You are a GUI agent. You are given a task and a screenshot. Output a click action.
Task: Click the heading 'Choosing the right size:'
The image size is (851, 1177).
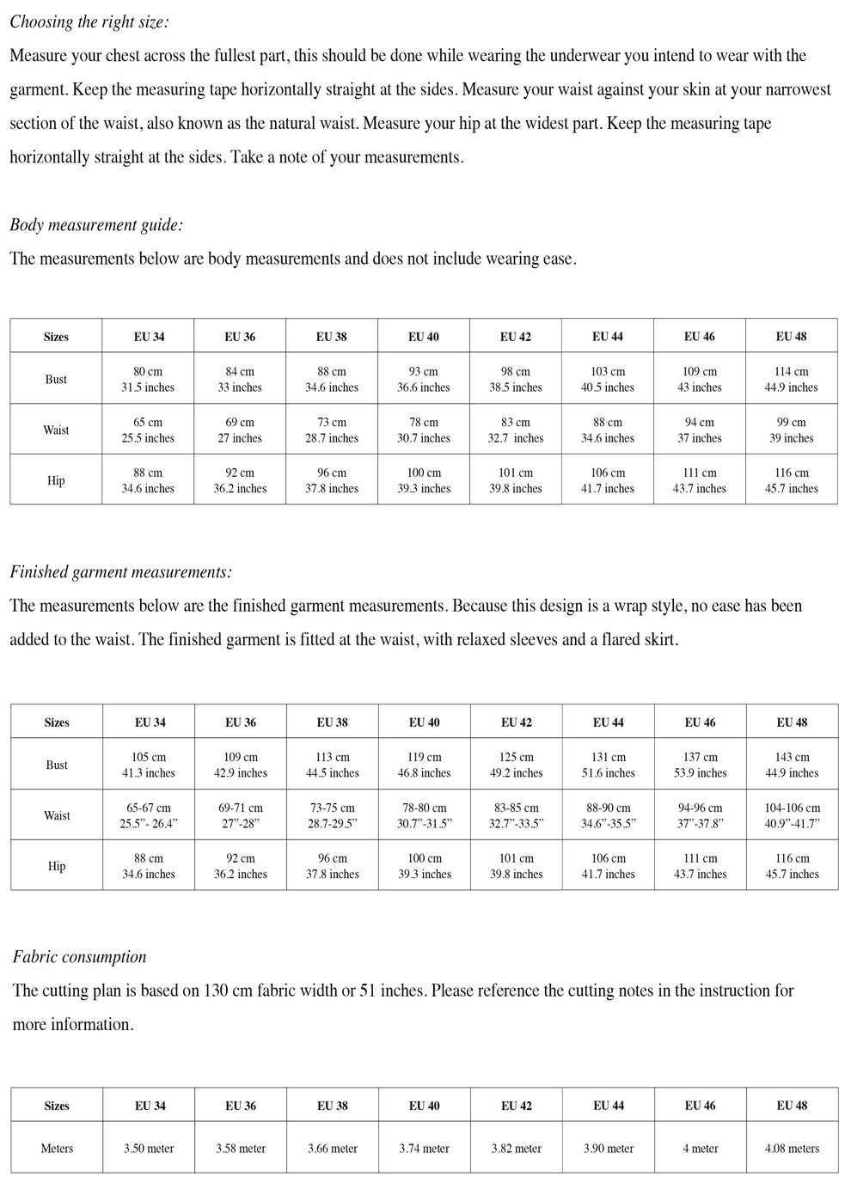(89, 22)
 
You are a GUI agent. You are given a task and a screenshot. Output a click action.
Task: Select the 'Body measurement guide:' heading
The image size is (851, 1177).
(96, 225)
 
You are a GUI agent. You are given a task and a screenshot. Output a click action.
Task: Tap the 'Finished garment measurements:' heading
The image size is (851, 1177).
(120, 572)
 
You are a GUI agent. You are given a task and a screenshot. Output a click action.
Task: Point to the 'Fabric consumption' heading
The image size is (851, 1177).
(79, 957)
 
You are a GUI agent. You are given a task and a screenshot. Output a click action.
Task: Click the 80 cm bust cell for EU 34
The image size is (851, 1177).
(148, 379)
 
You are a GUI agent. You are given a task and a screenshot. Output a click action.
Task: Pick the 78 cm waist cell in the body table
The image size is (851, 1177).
(423, 430)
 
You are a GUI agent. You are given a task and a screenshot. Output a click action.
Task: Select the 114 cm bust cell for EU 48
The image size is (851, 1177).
(791, 379)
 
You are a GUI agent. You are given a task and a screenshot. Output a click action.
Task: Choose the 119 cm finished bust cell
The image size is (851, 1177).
(424, 765)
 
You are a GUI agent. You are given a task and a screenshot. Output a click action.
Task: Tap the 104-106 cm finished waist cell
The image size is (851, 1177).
(792, 815)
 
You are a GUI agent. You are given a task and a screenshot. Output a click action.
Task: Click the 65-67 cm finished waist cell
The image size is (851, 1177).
(148, 815)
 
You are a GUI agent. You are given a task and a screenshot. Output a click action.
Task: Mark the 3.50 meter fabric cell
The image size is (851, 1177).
(149, 1149)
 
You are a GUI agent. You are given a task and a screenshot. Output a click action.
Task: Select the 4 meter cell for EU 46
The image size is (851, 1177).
(700, 1149)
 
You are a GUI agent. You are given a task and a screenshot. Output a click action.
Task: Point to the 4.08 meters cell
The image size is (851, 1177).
(792, 1149)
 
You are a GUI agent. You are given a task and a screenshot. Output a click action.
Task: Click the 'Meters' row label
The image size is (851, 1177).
(57, 1149)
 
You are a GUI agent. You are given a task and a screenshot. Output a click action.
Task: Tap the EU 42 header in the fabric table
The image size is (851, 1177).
(516, 1106)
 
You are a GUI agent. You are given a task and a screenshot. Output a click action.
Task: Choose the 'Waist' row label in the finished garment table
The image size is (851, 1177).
(57, 815)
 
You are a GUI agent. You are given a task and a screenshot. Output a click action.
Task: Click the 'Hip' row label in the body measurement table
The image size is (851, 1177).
(56, 480)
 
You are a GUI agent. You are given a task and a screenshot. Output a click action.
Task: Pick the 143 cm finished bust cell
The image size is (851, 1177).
(792, 765)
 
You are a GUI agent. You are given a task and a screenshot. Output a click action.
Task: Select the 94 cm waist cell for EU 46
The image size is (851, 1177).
(699, 430)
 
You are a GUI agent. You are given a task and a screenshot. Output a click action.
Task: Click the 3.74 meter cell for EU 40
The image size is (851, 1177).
(424, 1149)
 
